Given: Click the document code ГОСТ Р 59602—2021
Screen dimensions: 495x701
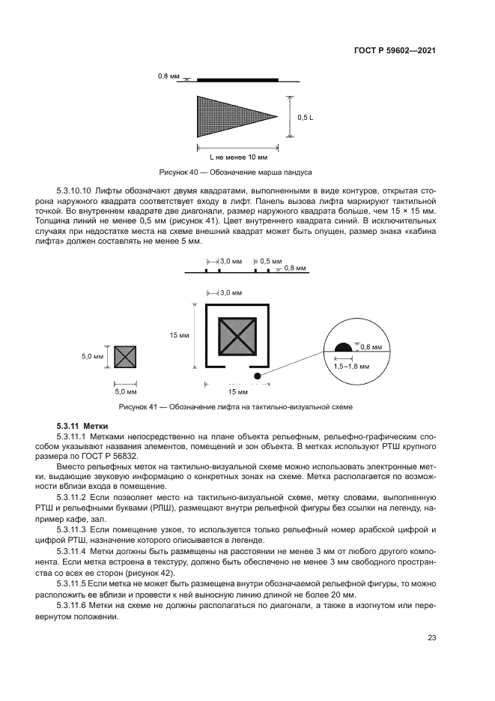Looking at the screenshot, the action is (395, 50).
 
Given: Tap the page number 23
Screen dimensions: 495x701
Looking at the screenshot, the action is (431, 638).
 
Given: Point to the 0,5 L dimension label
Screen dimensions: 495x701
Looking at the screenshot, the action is (306, 118).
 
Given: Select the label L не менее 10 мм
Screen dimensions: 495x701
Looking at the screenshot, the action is (238, 157).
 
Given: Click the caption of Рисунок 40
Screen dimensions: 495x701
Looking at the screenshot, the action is (236, 172).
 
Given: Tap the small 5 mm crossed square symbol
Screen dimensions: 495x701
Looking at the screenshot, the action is (125, 357).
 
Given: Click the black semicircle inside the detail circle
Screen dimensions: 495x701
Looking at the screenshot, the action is (342, 347).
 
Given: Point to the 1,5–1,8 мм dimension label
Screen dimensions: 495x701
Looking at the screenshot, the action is (352, 366).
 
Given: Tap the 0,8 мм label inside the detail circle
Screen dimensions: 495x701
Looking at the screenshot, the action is (371, 346).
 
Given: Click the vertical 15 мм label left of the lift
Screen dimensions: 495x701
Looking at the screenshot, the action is (179, 335).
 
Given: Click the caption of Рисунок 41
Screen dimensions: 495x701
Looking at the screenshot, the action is (236, 407).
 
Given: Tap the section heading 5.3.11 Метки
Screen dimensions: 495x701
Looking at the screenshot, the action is (82, 425).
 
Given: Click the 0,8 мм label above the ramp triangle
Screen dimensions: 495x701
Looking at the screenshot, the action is (168, 76).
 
